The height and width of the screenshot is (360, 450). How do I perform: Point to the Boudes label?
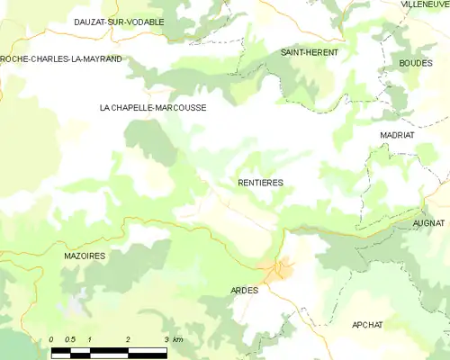click(415, 63)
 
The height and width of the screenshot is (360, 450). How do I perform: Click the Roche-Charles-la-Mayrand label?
click(61, 59)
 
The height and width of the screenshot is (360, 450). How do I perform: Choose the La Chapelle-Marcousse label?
click(152, 107)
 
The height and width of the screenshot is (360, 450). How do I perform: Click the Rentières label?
click(260, 183)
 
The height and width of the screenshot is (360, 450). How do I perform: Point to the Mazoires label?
click(85, 256)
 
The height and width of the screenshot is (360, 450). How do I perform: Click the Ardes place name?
click(244, 291)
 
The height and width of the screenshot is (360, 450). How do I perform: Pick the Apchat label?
click(368, 324)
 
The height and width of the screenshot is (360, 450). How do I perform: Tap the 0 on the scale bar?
click(52, 339)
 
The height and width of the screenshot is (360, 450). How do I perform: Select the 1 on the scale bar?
click(91, 339)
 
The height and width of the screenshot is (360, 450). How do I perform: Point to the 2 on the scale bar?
click(129, 339)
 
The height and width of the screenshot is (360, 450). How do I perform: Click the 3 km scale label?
click(173, 339)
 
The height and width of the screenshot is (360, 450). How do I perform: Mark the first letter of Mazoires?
click(67, 256)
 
